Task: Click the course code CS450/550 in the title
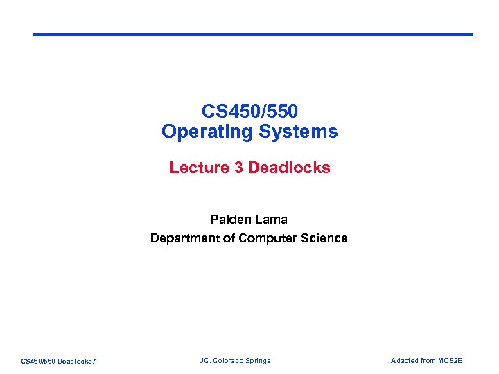click(x=249, y=111)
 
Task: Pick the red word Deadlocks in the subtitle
click(x=289, y=168)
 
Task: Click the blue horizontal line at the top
click(x=253, y=35)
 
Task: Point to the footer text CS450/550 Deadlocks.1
click(x=59, y=361)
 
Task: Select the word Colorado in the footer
click(x=227, y=361)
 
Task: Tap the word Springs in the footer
click(x=259, y=361)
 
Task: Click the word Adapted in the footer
click(x=405, y=361)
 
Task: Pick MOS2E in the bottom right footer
click(x=451, y=361)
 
